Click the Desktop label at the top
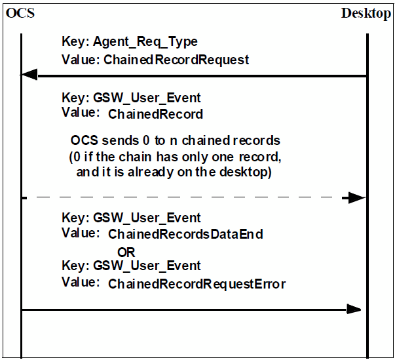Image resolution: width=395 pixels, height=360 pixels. [x=366, y=14]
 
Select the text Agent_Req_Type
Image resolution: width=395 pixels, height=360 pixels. [x=145, y=42]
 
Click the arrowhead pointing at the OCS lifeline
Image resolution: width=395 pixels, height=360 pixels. [x=29, y=75]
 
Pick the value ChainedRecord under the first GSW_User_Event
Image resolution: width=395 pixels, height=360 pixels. [x=155, y=114]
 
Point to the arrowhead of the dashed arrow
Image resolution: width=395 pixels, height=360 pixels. [x=356, y=197]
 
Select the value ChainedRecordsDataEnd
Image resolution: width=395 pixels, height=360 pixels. [x=185, y=234]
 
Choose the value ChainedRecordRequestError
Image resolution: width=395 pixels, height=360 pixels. [x=197, y=284]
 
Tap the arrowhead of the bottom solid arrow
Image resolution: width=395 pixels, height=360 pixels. [x=354, y=309]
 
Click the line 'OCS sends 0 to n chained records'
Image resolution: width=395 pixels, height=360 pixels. [x=175, y=141]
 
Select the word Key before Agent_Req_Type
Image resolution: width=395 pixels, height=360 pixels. [x=72, y=42]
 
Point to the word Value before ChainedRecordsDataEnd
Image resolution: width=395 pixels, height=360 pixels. [x=77, y=233]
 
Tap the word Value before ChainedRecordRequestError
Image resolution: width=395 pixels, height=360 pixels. [x=77, y=283]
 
